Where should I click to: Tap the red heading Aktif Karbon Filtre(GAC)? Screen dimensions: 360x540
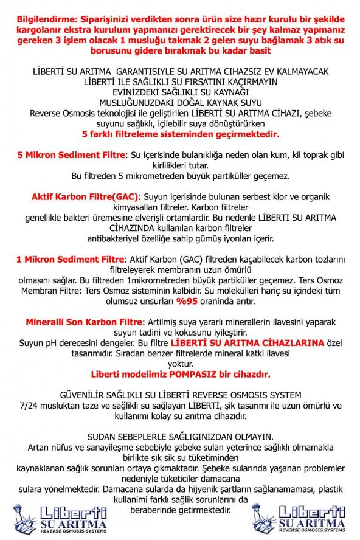[x=85, y=197]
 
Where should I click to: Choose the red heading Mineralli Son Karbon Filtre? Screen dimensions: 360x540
[x=83, y=321]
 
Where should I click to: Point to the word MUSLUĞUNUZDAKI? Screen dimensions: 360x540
[x=137, y=102]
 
